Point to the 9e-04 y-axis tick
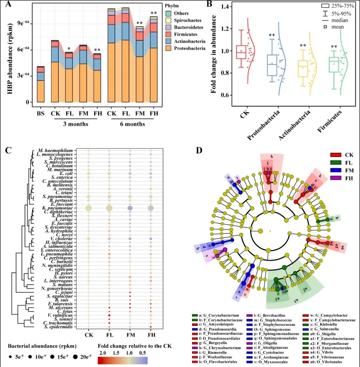(24, 23)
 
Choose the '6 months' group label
(132, 124)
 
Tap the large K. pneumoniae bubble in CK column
(88, 208)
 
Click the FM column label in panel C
(130, 335)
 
